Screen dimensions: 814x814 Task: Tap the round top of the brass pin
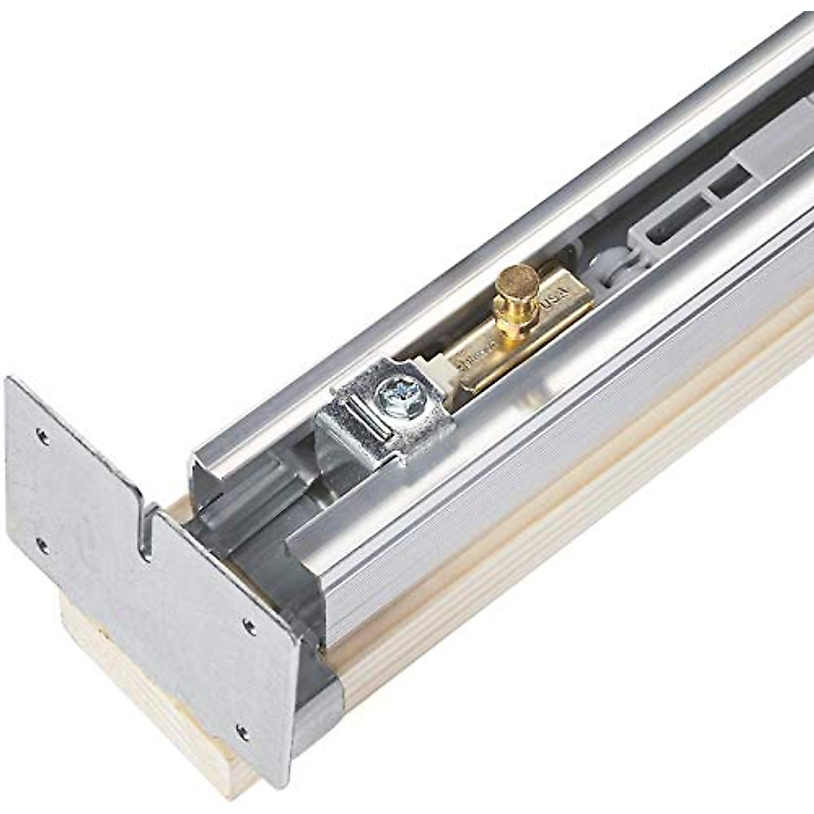(515, 279)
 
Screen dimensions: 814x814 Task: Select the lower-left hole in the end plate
(41, 543)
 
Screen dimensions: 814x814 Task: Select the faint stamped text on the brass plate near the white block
(475, 360)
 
